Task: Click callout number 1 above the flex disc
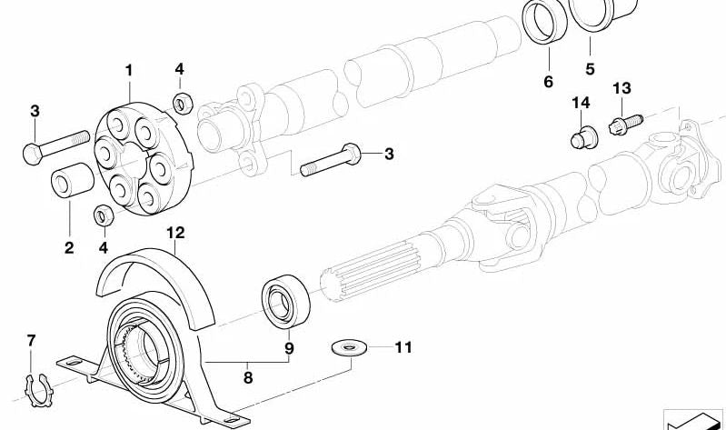(x=129, y=70)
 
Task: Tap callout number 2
(x=69, y=246)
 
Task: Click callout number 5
(x=589, y=69)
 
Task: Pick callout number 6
(x=548, y=82)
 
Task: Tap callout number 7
(x=32, y=341)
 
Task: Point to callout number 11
(x=403, y=347)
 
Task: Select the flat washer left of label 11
(x=345, y=346)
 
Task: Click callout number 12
(x=175, y=233)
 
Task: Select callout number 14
(x=581, y=105)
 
